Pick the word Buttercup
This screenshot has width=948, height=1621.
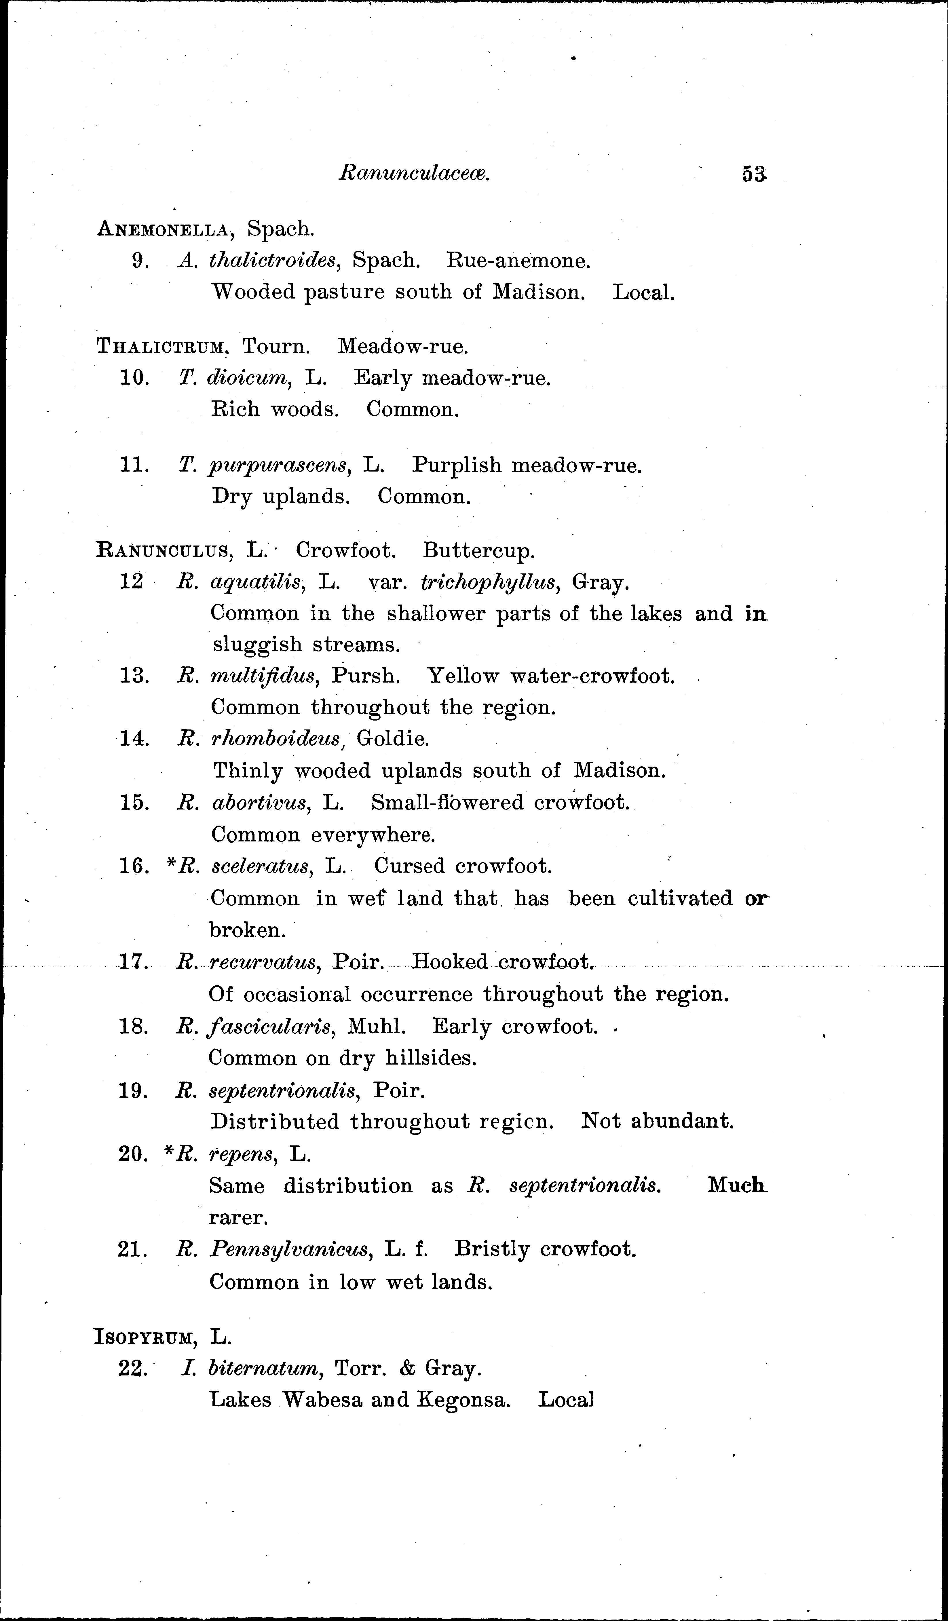click(x=478, y=551)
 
